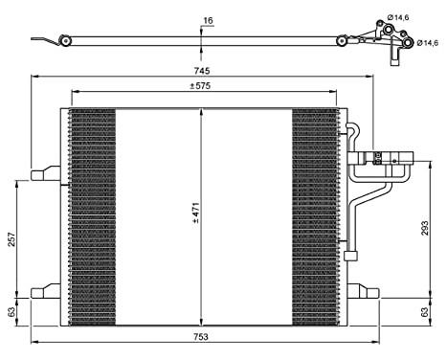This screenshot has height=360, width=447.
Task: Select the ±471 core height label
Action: tap(194, 213)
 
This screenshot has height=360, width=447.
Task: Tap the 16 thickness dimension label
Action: tap(209, 18)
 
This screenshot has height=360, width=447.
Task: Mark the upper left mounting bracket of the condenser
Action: tap(46, 174)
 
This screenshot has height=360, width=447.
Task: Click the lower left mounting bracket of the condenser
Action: tap(46, 291)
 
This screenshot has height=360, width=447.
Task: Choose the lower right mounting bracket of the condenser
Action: tap(364, 291)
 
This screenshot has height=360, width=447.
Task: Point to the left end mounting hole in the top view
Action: tap(64, 40)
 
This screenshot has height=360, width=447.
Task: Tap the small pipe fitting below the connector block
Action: tap(350, 254)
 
